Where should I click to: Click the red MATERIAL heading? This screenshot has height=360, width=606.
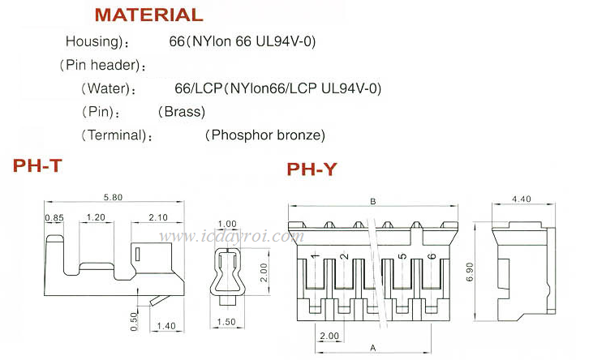(148, 15)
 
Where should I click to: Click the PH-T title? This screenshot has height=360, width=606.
(37, 166)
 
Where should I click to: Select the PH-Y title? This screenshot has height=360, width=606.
(312, 169)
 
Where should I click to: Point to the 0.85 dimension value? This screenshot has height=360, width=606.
(54, 217)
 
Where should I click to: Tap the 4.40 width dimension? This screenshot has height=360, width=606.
(522, 198)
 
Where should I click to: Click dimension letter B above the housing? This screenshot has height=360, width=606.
(372, 201)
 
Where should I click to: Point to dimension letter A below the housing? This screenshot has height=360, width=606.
(372, 346)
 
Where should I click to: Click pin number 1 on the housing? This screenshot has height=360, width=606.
(315, 257)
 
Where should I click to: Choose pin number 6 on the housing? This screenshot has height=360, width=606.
(432, 257)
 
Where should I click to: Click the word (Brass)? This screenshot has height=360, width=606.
(182, 111)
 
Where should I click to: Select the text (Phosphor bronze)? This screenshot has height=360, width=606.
(265, 135)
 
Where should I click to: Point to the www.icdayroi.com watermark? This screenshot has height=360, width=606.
(231, 238)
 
